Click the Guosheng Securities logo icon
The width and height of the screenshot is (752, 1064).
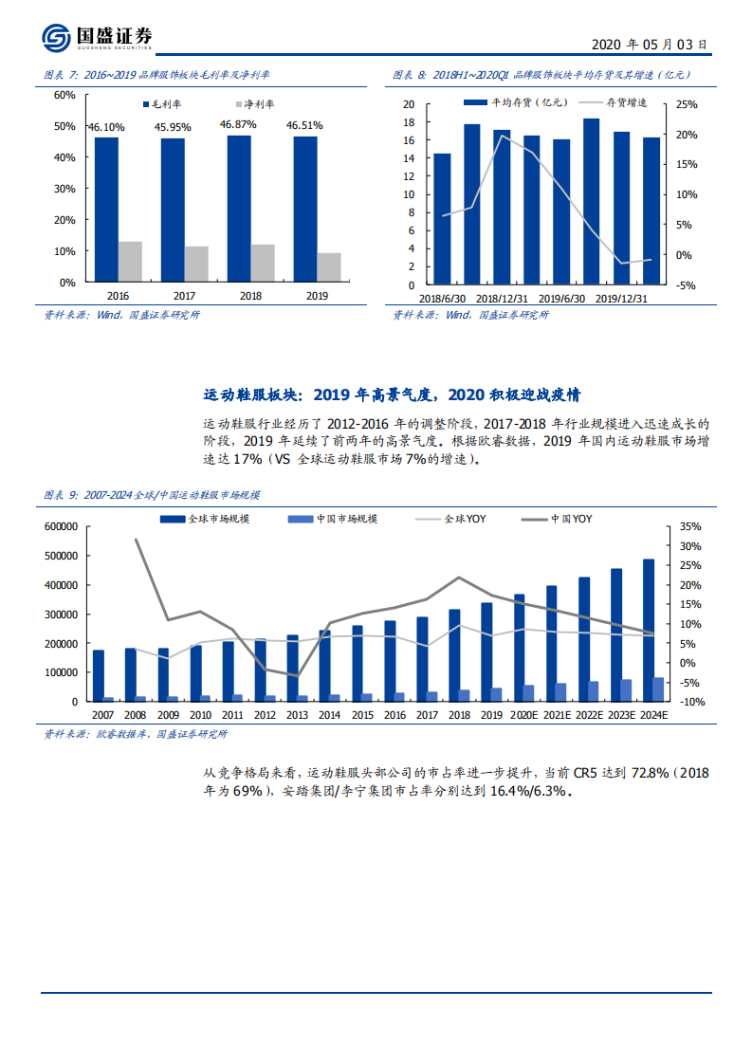(x=57, y=38)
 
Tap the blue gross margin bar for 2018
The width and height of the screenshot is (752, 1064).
(x=239, y=209)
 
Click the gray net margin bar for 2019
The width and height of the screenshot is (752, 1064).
(x=328, y=267)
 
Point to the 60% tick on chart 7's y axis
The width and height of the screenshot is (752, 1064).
(x=64, y=95)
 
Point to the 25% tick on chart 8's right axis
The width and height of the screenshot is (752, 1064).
(x=686, y=104)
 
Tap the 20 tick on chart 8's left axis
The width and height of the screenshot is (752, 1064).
(x=409, y=104)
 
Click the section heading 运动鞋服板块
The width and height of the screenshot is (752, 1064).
(x=251, y=394)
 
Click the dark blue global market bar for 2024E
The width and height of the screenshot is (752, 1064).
(x=648, y=630)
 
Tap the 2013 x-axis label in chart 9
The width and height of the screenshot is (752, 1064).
(x=297, y=716)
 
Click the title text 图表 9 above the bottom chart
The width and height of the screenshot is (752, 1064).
(x=62, y=495)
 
